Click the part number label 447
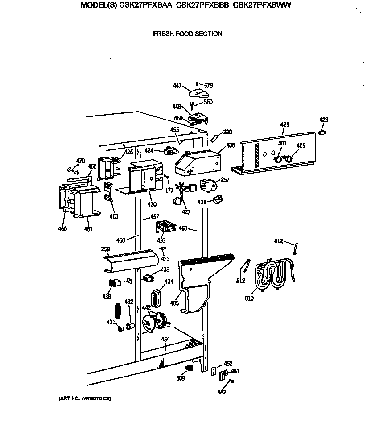(x=177, y=85)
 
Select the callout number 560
(x=208, y=102)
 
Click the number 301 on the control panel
(x=282, y=143)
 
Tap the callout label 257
(x=225, y=180)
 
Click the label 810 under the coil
(x=249, y=298)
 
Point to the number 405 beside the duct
(x=174, y=303)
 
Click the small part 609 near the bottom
(x=189, y=368)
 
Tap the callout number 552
(x=222, y=392)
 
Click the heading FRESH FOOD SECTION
(x=187, y=33)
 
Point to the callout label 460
(x=62, y=229)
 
